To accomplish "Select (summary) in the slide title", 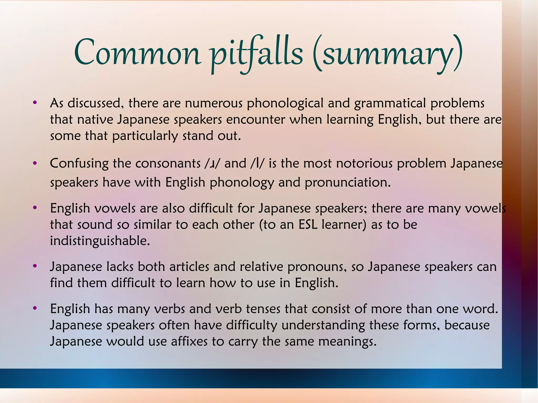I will [x=388, y=54].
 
